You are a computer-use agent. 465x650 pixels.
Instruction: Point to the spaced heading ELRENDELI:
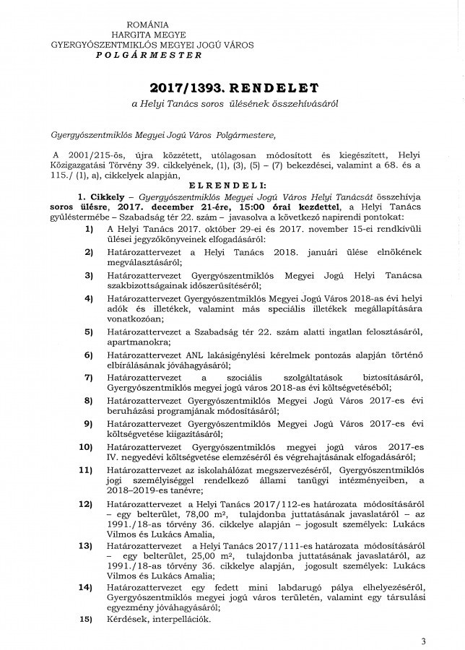pyautogui.click(x=231, y=186)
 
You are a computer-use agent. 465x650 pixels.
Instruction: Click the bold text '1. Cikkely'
pyautogui.click(x=105, y=196)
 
